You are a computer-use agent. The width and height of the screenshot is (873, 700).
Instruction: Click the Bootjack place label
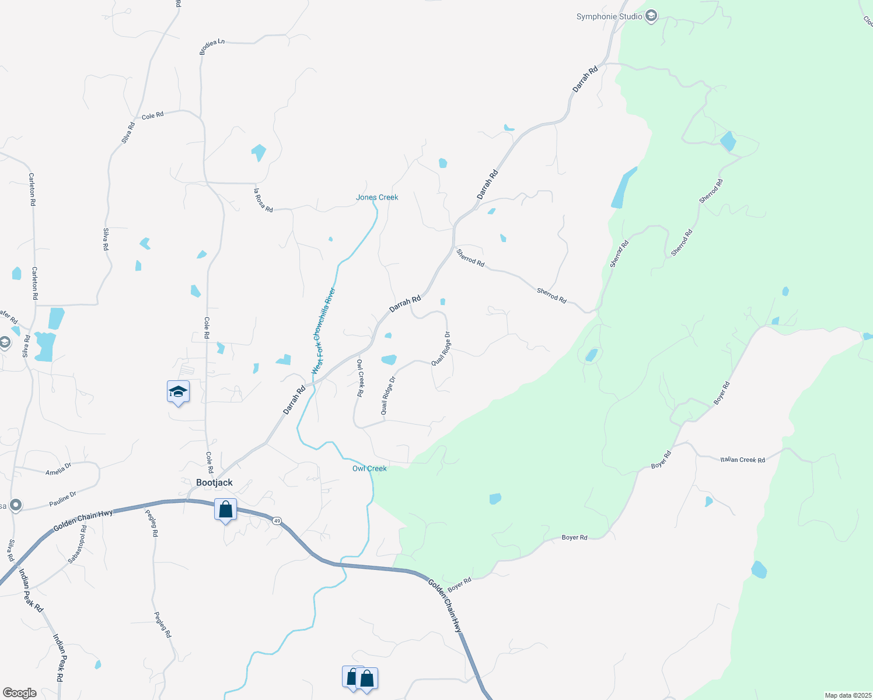[x=214, y=482]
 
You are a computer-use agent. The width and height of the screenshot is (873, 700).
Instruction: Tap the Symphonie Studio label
[x=609, y=16]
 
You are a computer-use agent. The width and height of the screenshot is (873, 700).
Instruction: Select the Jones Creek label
[x=377, y=197]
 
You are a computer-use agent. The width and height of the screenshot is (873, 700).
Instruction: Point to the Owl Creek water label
[x=369, y=468]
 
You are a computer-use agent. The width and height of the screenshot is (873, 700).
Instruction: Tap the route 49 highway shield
[x=277, y=520]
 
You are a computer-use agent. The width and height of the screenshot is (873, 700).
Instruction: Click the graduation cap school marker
[x=178, y=392]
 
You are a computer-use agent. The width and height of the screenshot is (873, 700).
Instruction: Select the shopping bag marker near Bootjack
[x=225, y=510]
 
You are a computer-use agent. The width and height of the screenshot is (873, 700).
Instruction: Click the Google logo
[x=19, y=693]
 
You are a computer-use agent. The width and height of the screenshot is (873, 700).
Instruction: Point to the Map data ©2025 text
[x=847, y=695]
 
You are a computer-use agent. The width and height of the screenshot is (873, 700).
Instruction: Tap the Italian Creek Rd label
[x=742, y=460]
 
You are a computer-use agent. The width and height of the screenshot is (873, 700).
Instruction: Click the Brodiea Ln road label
[x=212, y=47]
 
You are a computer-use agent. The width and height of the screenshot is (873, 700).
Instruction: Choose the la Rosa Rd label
[x=263, y=200]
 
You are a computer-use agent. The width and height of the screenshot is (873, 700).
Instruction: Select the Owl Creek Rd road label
[x=360, y=378]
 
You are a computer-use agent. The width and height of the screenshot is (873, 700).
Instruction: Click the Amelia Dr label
[x=58, y=468]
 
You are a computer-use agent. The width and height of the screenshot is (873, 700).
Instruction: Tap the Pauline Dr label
[x=62, y=499]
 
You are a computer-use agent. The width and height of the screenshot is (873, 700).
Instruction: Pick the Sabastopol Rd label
[x=77, y=544]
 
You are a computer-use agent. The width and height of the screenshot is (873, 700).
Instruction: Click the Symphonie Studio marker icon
[x=651, y=16]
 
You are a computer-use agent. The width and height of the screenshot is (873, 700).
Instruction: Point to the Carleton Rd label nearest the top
[x=32, y=189]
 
